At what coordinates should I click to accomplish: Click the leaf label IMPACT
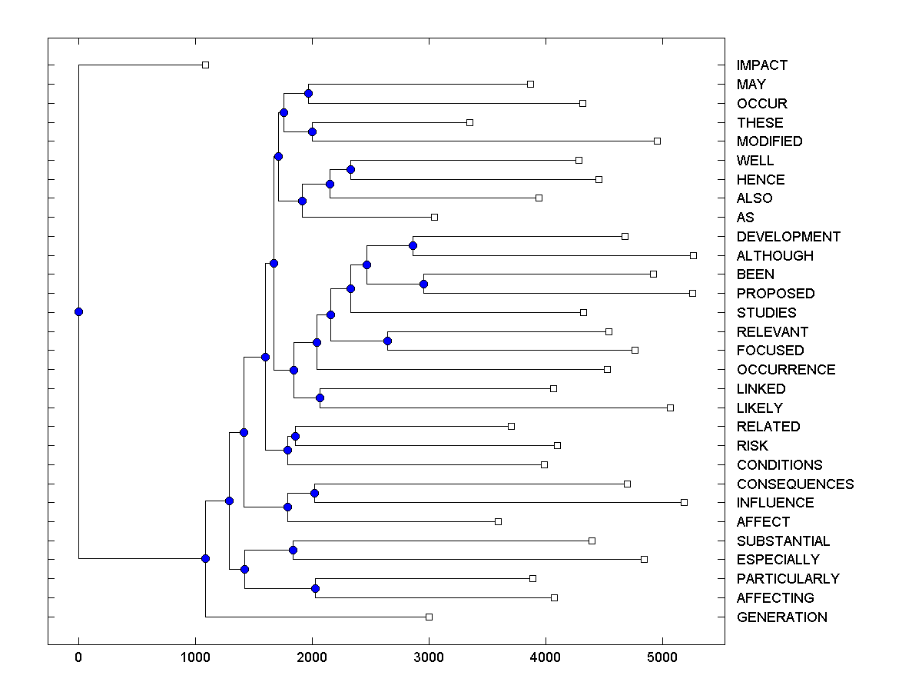click(761, 65)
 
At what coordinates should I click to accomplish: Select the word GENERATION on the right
click(781, 617)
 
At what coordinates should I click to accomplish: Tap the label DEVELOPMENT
click(788, 237)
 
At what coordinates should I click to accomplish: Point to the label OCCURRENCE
click(785, 370)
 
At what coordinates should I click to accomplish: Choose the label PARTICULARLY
click(788, 579)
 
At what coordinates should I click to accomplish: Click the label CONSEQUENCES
click(794, 484)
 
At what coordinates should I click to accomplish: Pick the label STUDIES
click(766, 313)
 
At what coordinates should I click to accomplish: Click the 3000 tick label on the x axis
click(429, 658)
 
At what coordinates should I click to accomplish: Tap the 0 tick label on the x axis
click(78, 658)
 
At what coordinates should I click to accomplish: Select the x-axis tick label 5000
click(662, 658)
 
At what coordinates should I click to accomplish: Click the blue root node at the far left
click(78, 311)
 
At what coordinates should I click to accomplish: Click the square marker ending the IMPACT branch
click(205, 65)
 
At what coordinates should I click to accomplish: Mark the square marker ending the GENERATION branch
click(429, 617)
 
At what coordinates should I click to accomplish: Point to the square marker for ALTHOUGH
click(693, 255)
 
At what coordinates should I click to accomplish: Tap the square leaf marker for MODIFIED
click(657, 141)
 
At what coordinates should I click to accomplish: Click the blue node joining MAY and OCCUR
click(308, 94)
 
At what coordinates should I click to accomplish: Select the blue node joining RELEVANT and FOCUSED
click(388, 341)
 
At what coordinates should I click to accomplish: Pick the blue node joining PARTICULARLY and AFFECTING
click(315, 588)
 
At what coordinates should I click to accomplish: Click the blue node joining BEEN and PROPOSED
click(423, 284)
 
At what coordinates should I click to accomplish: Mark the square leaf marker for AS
click(434, 217)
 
